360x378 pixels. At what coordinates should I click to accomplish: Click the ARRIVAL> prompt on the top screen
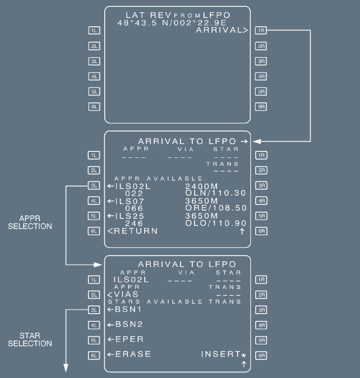click(222, 30)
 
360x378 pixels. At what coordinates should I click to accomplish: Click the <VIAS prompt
click(123, 294)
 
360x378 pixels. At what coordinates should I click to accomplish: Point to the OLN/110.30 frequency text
click(215, 193)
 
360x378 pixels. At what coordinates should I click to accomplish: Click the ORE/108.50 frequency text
click(215, 208)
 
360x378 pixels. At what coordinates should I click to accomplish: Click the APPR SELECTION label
click(30, 223)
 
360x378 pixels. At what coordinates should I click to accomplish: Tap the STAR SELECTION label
click(30, 339)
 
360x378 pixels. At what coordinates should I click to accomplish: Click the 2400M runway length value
click(201, 186)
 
